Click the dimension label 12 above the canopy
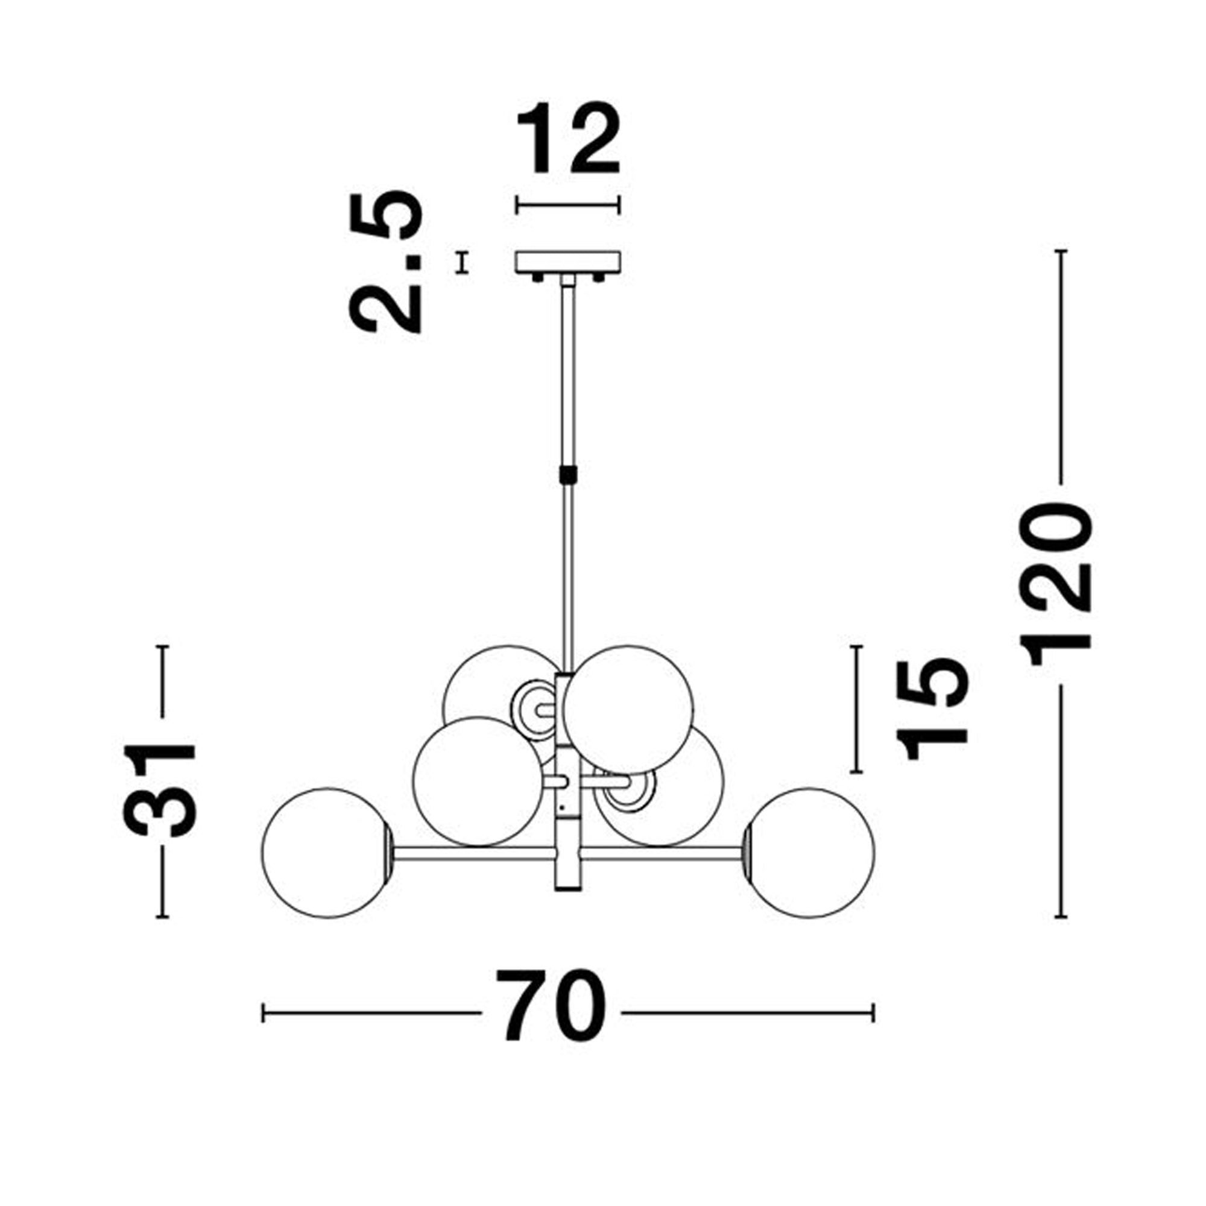pos(568,138)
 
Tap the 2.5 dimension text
pos(386,262)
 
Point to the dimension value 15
pos(932,709)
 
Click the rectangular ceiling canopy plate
pos(567,262)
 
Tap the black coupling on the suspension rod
pos(567,475)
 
